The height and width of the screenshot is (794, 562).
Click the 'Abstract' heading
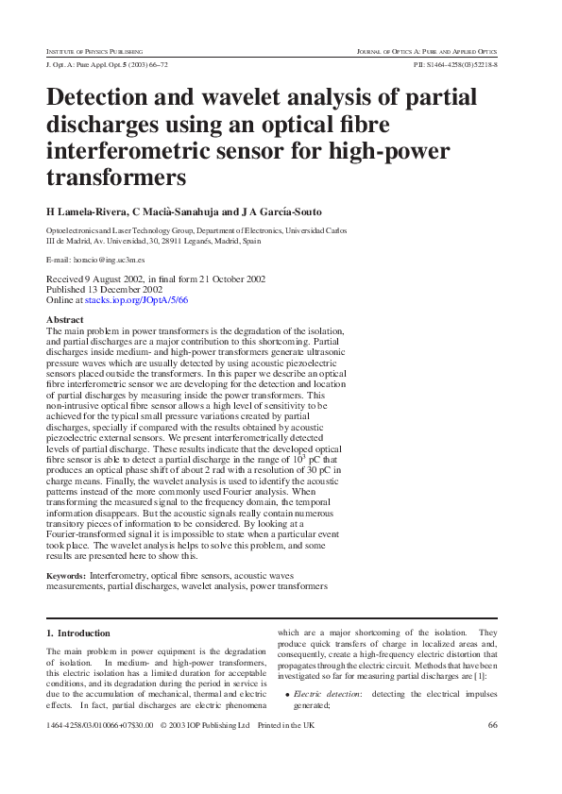click(65, 320)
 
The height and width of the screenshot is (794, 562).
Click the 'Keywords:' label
click(67, 575)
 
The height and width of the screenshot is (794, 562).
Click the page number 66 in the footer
click(492, 725)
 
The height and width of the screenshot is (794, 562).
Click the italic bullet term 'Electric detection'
click(327, 694)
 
